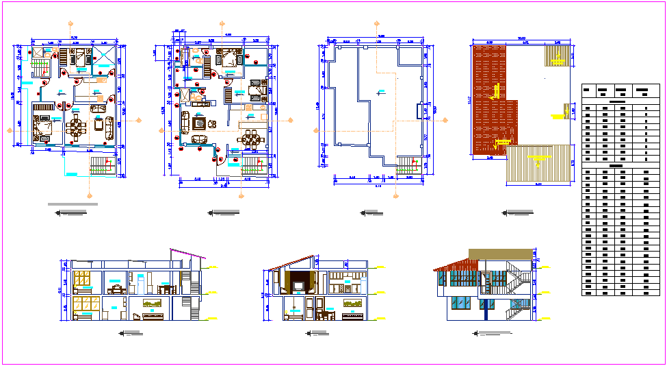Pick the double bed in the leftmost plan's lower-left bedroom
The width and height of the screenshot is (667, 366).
click(44, 127)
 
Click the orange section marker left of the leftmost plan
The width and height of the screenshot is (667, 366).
click(9, 129)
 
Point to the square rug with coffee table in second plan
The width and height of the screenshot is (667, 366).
click(200, 123)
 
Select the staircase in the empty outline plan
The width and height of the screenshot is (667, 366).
click(408, 165)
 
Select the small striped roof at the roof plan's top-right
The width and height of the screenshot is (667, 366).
click(558, 56)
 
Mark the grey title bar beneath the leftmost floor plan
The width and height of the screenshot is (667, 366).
click(73, 204)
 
